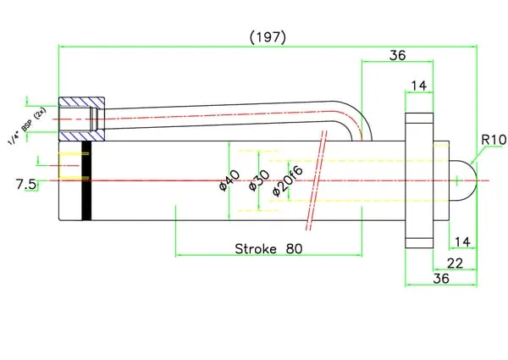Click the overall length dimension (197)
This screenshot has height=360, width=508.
coord(268,36)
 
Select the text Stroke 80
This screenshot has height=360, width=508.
coord(268,249)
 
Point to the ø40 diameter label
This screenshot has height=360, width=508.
coord(228,180)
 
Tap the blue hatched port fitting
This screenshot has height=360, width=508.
coord(81,119)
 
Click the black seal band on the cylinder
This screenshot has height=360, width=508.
coord(86,181)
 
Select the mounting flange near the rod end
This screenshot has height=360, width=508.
coord(420,180)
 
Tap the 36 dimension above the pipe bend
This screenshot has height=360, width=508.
coord(397,55)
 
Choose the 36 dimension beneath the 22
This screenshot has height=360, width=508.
coord(441,278)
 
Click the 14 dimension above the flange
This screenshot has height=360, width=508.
coord(418,85)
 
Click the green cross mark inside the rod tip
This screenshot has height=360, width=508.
coord(456,179)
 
